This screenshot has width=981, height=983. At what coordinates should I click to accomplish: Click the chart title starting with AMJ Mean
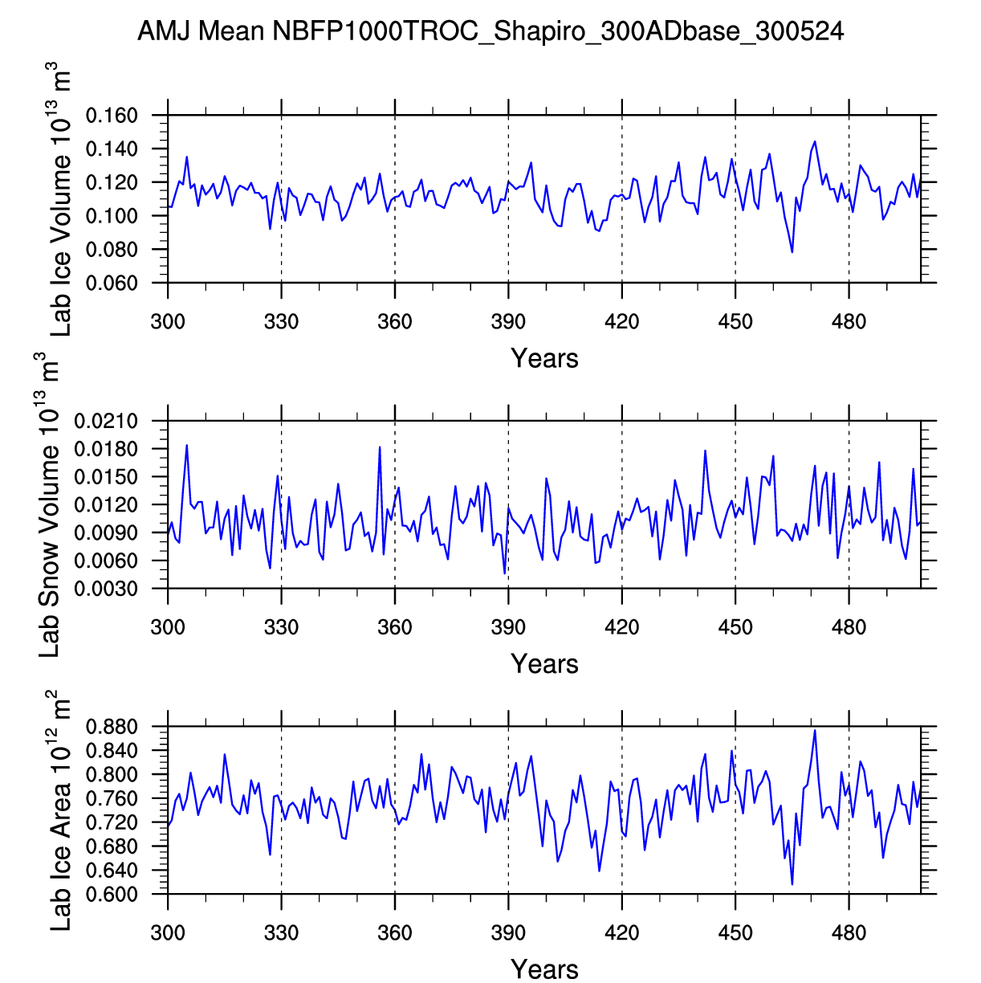pyautogui.click(x=490, y=32)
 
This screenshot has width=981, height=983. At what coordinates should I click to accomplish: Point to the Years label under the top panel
pyautogui.click(x=544, y=358)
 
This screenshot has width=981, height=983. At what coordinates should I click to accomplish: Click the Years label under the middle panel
pyautogui.click(x=544, y=664)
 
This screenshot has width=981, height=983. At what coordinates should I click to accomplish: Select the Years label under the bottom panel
pyautogui.click(x=544, y=969)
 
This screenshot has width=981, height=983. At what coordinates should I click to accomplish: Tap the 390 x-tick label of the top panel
pyautogui.click(x=508, y=322)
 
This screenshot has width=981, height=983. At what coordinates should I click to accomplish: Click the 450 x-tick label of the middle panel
pyautogui.click(x=735, y=627)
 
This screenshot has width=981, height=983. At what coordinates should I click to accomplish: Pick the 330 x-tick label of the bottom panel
pyautogui.click(x=281, y=932)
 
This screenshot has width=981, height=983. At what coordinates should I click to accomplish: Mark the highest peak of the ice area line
pyautogui.click(x=815, y=730)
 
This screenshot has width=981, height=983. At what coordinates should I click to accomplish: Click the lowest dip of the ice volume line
pyautogui.click(x=792, y=252)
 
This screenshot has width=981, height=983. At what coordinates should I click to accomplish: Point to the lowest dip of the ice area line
pyautogui.click(x=792, y=885)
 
